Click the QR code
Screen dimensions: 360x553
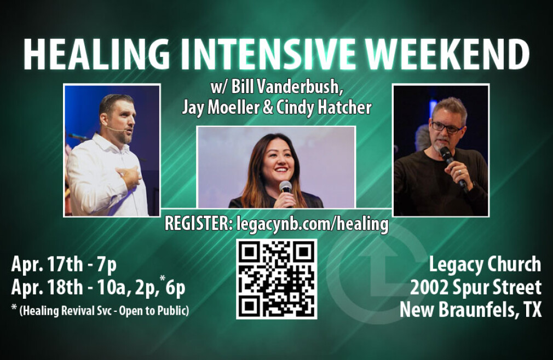276,279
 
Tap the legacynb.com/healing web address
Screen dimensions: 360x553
313,224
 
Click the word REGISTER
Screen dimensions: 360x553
199,224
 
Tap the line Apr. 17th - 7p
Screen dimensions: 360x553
64,265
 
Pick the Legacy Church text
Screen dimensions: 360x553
485,265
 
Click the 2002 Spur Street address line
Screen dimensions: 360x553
476,287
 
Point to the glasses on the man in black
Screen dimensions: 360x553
446,127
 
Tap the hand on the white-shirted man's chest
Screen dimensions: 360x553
130,178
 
